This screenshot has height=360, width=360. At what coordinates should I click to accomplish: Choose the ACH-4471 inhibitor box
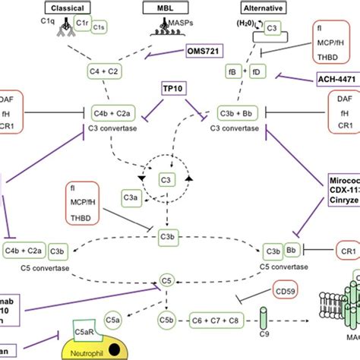point(336,77)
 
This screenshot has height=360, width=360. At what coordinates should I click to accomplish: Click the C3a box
point(131,200)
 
